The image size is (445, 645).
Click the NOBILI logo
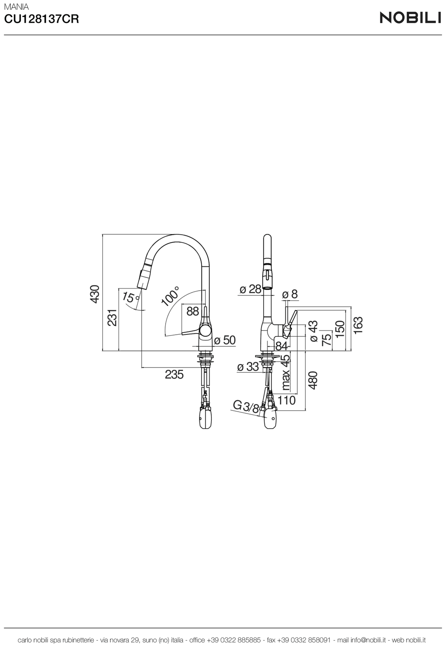coord(410,18)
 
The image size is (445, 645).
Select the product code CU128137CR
coord(42,19)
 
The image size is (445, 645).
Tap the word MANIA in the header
coord(16,7)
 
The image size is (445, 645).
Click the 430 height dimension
coord(95,294)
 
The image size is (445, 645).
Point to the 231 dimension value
coord(112,318)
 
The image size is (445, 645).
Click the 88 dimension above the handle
coord(193,311)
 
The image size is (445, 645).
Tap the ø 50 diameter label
coord(225,340)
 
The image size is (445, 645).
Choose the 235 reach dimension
coord(174,374)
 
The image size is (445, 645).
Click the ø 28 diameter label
coord(250,289)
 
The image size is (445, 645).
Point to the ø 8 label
coord(290,294)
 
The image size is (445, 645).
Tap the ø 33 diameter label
coord(248,367)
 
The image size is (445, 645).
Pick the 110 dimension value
coord(286,400)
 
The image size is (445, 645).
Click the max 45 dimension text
coord(285,372)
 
